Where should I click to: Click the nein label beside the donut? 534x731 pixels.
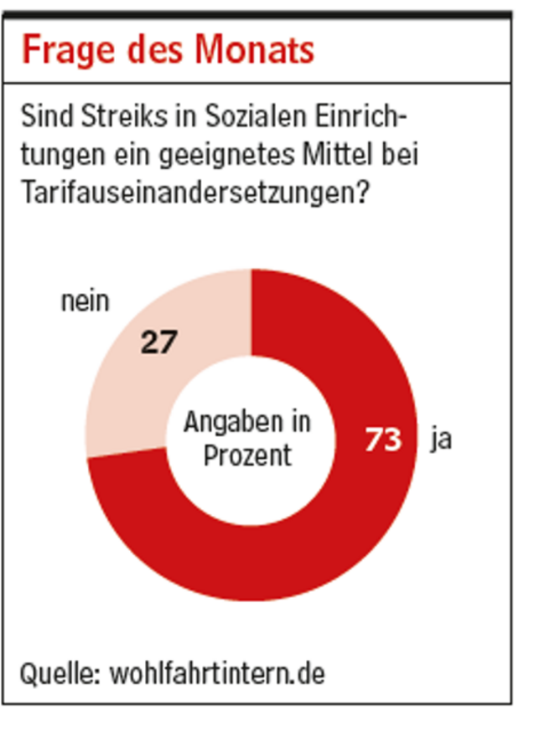[85, 301]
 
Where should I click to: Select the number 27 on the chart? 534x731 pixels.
[159, 341]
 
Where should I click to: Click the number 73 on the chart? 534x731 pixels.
[383, 439]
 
